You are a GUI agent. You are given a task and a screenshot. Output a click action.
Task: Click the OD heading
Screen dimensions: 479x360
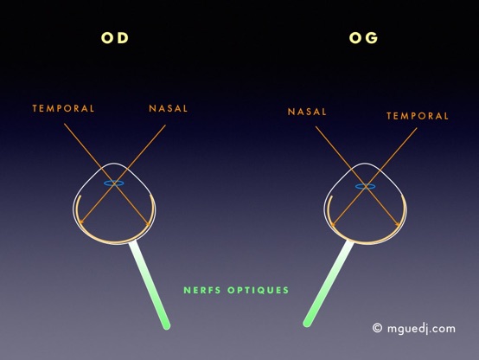pyautogui.click(x=115, y=38)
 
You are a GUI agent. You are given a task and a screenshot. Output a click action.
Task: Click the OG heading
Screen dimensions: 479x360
pyautogui.click(x=363, y=38)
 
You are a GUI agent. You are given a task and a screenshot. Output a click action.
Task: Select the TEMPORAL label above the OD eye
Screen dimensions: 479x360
pyautogui.click(x=63, y=108)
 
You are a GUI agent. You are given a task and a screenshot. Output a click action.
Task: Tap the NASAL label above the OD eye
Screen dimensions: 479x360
pyautogui.click(x=169, y=108)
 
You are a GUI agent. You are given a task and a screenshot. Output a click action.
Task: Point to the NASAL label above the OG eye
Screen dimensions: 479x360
pyautogui.click(x=307, y=112)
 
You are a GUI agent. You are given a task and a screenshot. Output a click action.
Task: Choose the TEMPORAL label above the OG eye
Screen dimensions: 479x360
pyautogui.click(x=418, y=116)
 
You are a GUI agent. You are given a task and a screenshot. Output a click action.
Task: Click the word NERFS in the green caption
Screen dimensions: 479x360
pyautogui.click(x=202, y=290)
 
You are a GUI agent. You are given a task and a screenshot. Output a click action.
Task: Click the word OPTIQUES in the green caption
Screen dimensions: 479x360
pyautogui.click(x=259, y=290)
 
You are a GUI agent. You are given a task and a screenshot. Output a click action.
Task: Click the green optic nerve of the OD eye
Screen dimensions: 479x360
pyautogui.click(x=150, y=285)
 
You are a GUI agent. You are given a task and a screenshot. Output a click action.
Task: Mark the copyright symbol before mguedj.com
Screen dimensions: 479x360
pyautogui.click(x=377, y=328)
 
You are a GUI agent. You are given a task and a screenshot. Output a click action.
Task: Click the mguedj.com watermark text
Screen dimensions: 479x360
pyautogui.click(x=421, y=329)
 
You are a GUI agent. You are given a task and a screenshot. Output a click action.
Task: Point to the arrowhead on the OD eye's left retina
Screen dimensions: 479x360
pyautogui.click(x=81, y=222)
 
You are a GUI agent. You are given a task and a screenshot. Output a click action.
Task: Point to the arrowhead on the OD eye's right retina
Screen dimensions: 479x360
pyautogui.click(x=149, y=224)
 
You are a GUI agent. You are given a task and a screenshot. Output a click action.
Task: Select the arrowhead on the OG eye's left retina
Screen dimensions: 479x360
pyautogui.click(x=333, y=225)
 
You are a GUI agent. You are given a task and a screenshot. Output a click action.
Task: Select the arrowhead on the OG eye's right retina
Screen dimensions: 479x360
pyautogui.click(x=398, y=224)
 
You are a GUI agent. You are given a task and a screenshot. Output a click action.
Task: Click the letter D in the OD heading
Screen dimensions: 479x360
pyautogui.click(x=123, y=38)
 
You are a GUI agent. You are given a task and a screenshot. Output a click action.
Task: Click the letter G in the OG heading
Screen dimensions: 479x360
pyautogui.click(x=372, y=38)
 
